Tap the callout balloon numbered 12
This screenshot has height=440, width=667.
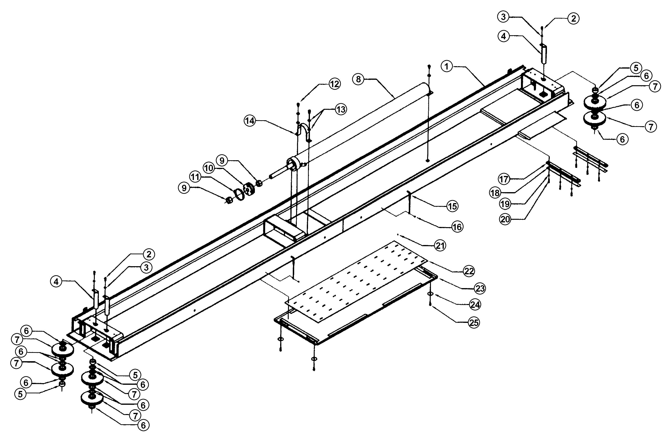tap(334, 84)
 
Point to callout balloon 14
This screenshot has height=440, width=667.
tap(250, 121)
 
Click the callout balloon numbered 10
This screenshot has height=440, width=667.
tap(209, 168)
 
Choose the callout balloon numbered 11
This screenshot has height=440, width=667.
tap(195, 177)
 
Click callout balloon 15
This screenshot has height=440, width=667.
tap(452, 206)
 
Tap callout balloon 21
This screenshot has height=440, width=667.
tap(440, 246)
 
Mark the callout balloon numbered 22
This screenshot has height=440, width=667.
tap(469, 271)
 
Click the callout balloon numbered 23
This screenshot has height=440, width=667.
tap(480, 288)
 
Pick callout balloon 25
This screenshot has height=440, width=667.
tap(474, 323)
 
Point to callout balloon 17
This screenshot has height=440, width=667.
tap(504, 179)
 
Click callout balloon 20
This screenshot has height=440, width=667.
tap(505, 219)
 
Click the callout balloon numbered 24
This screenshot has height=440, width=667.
tap(475, 305)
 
